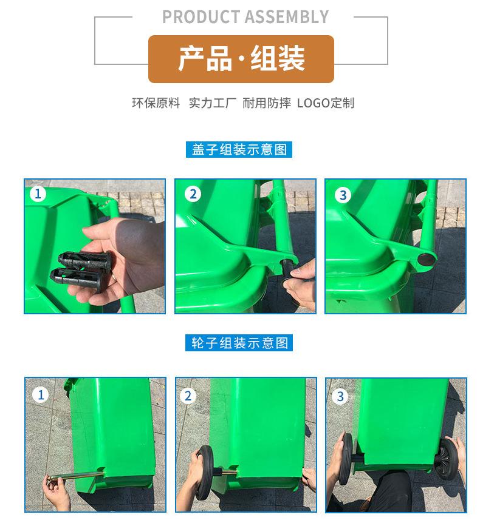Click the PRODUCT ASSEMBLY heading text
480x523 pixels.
click(245, 17)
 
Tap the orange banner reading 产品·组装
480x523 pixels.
click(241, 59)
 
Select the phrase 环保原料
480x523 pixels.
click(156, 103)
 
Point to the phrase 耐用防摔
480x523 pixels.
click(267, 103)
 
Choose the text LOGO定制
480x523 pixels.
click(326, 103)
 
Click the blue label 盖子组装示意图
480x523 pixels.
click(239, 149)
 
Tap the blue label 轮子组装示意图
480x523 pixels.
click(239, 343)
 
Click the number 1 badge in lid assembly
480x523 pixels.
click(38, 194)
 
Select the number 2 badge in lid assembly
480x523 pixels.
click(193, 194)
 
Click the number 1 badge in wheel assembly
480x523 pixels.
click(40, 395)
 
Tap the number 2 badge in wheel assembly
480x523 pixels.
click(188, 396)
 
